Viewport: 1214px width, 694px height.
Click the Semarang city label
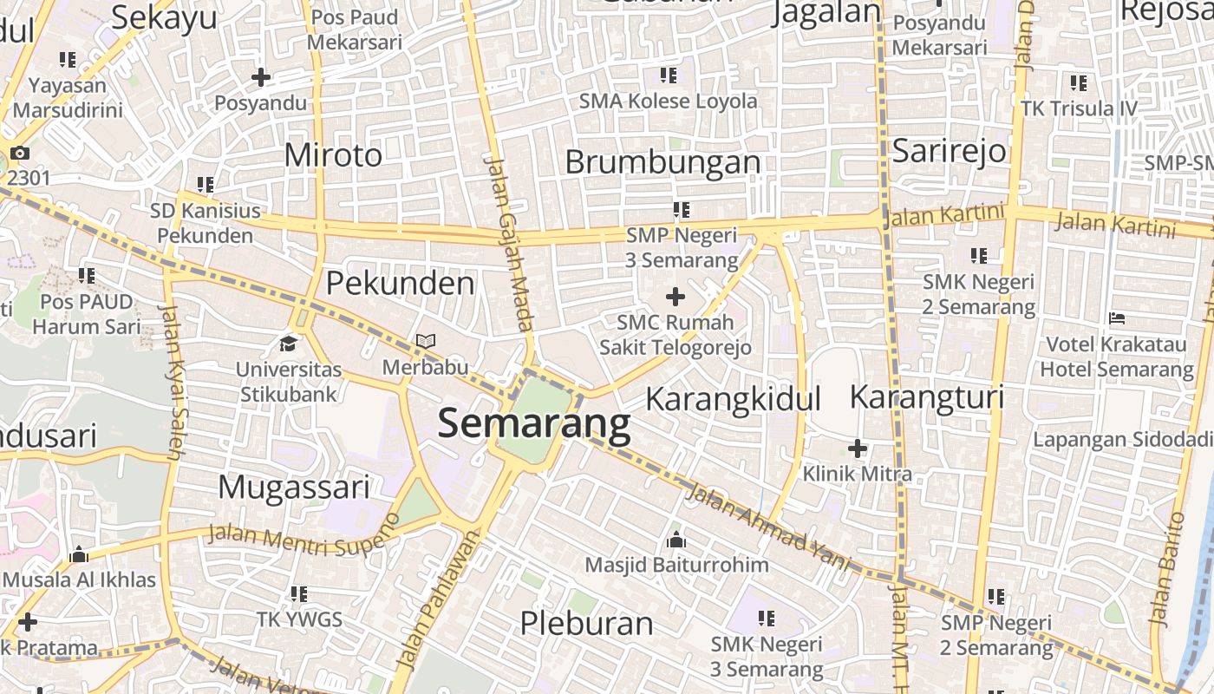click(534, 424)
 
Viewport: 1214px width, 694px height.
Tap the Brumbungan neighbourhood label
click(662, 162)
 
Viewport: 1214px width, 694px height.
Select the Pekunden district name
click(400, 284)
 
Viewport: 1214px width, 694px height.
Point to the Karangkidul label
click(733, 399)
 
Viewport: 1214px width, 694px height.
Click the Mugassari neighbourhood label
click(294, 487)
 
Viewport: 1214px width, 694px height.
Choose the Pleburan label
click(586, 623)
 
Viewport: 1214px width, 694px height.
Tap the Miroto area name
click(333, 155)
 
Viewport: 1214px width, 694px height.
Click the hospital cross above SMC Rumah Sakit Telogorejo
click(675, 298)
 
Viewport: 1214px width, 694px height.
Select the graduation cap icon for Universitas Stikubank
click(289, 344)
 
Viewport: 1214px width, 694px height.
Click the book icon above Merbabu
click(425, 342)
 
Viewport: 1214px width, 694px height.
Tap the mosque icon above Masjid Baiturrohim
click(676, 540)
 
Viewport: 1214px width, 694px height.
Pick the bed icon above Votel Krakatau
click(1117, 318)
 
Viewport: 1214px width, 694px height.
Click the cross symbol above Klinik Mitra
click(857, 448)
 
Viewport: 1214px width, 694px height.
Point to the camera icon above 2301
click(19, 154)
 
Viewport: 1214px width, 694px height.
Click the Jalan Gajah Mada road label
click(509, 244)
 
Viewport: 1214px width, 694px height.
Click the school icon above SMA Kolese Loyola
click(668, 75)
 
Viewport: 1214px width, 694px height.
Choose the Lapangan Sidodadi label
click(1122, 439)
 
